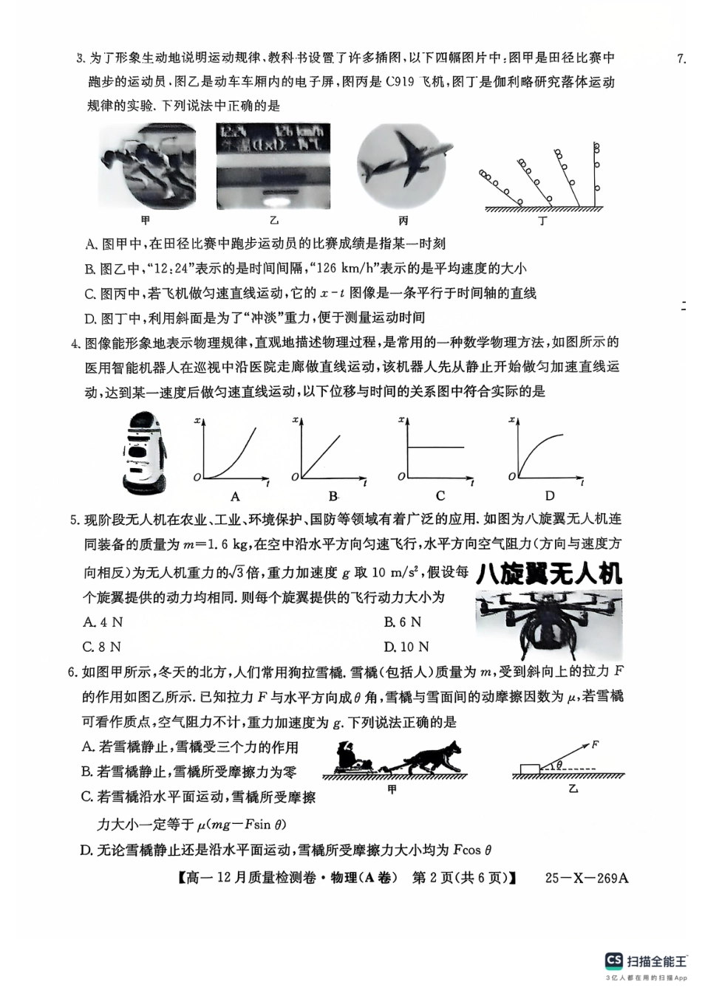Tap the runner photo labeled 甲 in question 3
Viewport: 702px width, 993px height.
[x=147, y=168]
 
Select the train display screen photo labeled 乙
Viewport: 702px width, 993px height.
[x=273, y=167]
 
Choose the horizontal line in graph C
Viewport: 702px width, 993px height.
[x=436, y=447]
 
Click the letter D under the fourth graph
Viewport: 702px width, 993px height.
[x=550, y=496]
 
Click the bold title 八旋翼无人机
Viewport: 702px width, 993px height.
[x=549, y=574]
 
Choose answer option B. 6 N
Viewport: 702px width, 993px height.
[x=403, y=622]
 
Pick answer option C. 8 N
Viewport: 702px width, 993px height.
[x=103, y=647]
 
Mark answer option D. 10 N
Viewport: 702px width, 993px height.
[x=406, y=647]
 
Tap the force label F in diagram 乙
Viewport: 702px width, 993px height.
[x=595, y=744]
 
